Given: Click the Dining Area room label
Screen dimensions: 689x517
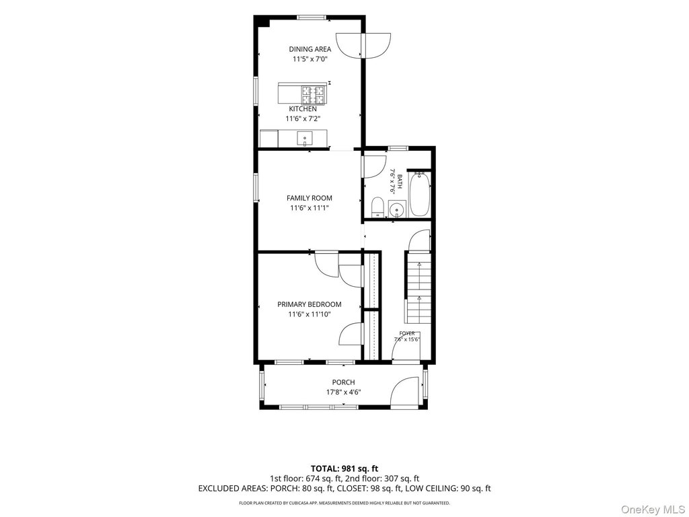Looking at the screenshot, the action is click(310, 49).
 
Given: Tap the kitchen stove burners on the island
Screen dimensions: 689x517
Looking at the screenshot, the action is click(314, 94).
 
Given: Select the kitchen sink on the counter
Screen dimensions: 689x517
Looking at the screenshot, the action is click(304, 139).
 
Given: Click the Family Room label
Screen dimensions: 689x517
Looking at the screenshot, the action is click(310, 199).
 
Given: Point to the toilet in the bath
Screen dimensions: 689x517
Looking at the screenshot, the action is click(377, 207).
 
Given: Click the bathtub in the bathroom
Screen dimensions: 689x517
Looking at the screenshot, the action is click(419, 195).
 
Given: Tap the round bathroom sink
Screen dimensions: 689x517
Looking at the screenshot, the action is click(397, 209).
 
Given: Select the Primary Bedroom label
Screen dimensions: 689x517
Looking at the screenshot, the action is click(310, 304).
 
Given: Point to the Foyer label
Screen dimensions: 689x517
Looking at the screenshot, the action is click(407, 333).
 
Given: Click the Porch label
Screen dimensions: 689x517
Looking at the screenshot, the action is click(343, 382).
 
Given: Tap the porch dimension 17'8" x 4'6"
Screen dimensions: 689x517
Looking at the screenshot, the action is click(343, 392).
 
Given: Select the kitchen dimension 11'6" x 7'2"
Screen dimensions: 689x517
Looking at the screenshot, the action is click(303, 118).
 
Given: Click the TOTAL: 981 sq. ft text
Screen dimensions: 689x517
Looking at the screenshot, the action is click(344, 469).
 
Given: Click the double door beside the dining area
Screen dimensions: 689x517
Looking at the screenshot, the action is click(363, 45).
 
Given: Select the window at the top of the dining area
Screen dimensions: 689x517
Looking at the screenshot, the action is click(312, 18).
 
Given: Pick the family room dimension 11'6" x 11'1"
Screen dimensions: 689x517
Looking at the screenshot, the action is click(310, 208).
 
